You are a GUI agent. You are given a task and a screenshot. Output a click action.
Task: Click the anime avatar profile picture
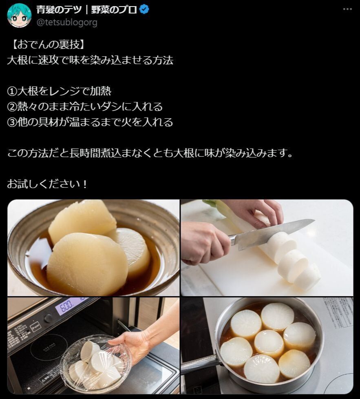(x=19, y=15)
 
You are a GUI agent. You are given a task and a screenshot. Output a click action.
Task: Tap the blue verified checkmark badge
(x=144, y=9)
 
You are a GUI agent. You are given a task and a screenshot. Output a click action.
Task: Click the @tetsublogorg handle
(x=67, y=22)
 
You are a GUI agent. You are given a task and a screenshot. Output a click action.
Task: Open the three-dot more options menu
(x=347, y=9)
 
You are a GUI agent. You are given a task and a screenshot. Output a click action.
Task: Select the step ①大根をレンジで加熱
(x=59, y=91)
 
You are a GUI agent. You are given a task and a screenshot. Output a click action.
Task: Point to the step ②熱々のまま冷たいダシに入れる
(x=85, y=106)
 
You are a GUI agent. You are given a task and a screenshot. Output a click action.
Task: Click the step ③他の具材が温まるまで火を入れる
(x=90, y=122)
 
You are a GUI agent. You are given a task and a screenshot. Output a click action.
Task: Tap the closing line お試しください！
(x=47, y=184)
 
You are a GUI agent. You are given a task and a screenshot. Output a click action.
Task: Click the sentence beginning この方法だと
(x=150, y=153)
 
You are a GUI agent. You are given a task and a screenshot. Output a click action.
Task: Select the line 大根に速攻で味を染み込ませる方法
(x=90, y=60)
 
